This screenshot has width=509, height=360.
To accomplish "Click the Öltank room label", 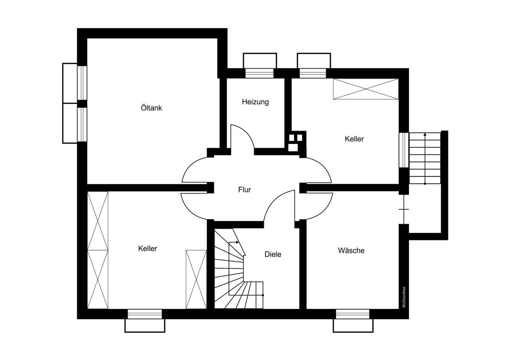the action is [151, 107].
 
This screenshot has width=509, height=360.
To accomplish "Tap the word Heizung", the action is [255, 102].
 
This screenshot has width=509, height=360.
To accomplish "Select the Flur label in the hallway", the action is [244, 189].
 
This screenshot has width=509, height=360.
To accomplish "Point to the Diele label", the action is [273, 254].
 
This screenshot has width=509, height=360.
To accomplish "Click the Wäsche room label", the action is [351, 250].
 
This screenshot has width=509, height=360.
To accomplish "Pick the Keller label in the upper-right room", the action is [354, 139].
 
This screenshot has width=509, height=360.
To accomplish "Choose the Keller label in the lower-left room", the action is [148, 248].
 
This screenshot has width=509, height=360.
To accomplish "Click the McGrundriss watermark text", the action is [404, 297].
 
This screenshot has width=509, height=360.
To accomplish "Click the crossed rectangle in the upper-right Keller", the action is [366, 89].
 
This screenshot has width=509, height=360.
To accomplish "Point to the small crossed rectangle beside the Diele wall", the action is [196, 279].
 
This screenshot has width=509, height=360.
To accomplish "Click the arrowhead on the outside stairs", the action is [425, 135].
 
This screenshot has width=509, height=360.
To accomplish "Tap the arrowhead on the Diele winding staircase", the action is [238, 242].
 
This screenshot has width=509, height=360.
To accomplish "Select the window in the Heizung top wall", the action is [259, 73].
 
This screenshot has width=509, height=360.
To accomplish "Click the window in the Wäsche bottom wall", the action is [352, 314].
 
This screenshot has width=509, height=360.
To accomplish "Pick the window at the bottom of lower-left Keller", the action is [145, 314].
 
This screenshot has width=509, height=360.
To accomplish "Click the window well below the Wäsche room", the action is [353, 326].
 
